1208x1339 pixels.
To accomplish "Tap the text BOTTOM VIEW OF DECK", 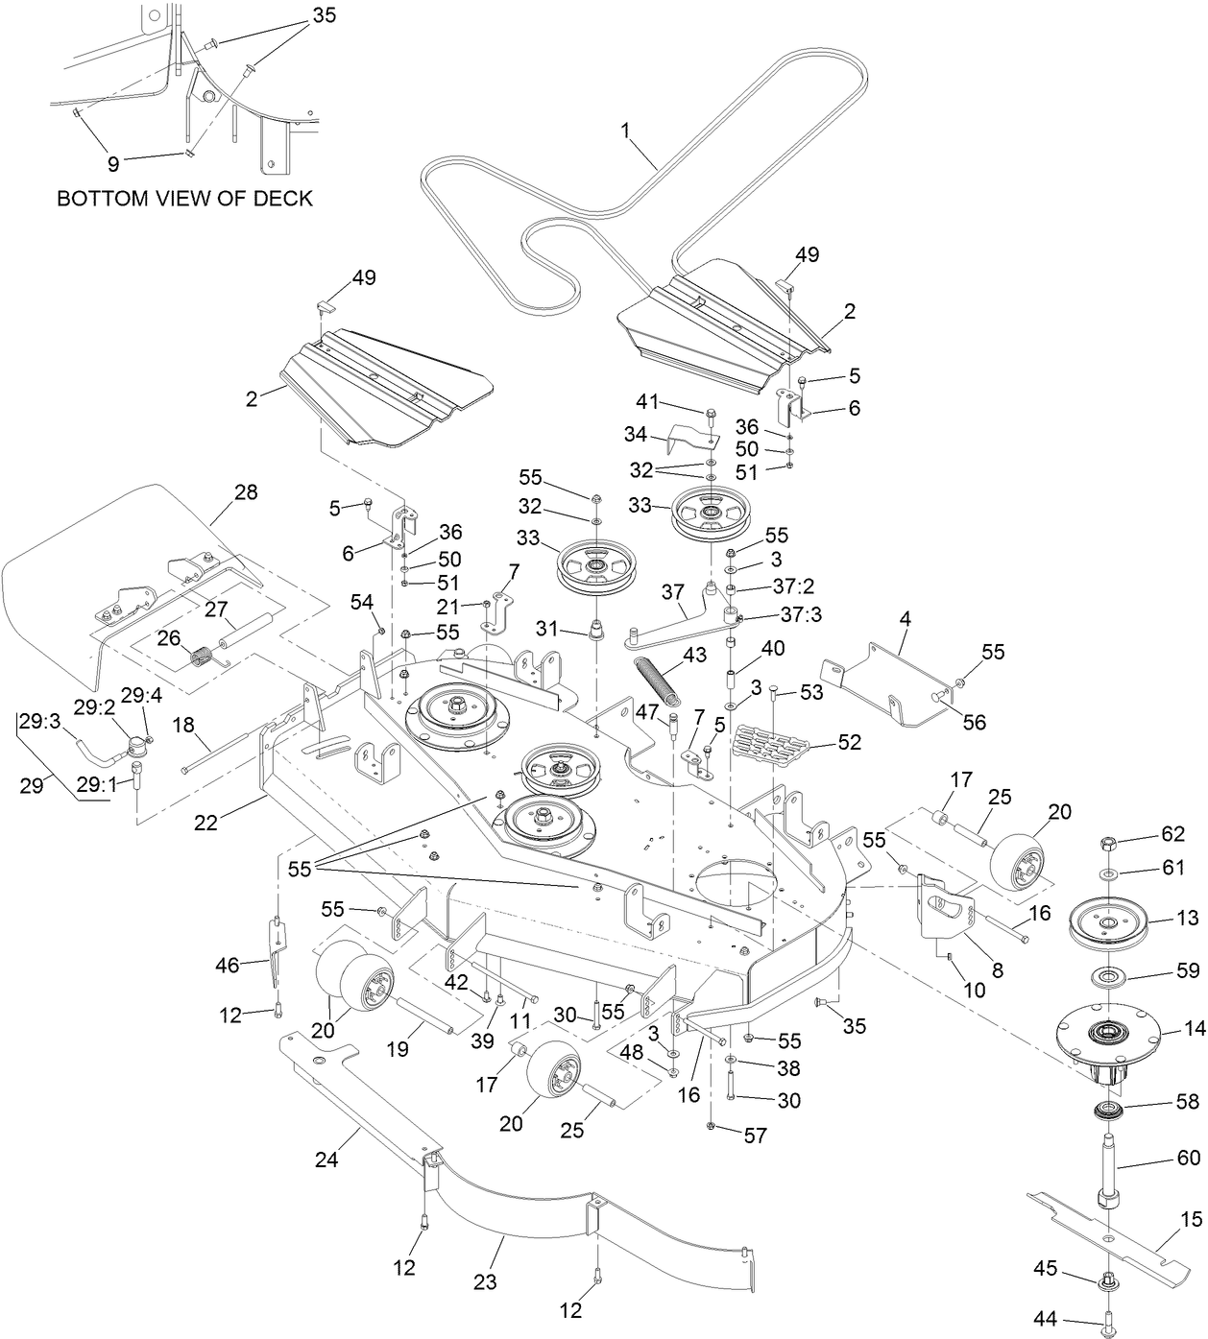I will point(184,199).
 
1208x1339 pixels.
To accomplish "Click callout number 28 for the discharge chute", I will point(246,492).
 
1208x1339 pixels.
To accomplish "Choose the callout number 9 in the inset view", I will point(113,164).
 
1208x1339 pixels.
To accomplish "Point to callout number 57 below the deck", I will point(756,1136).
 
